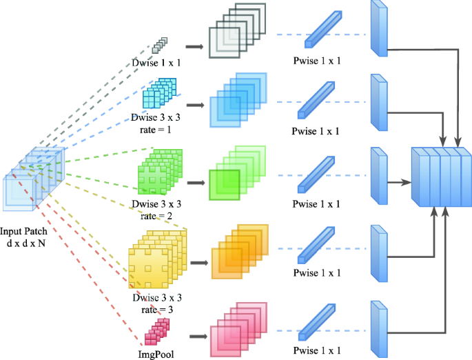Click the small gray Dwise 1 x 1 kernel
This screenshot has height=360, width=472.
click(x=160, y=46)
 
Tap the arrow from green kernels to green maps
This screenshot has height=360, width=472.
click(x=196, y=183)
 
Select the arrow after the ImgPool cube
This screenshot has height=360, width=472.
click(x=198, y=337)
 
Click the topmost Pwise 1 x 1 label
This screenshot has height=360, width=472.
click(x=316, y=61)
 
